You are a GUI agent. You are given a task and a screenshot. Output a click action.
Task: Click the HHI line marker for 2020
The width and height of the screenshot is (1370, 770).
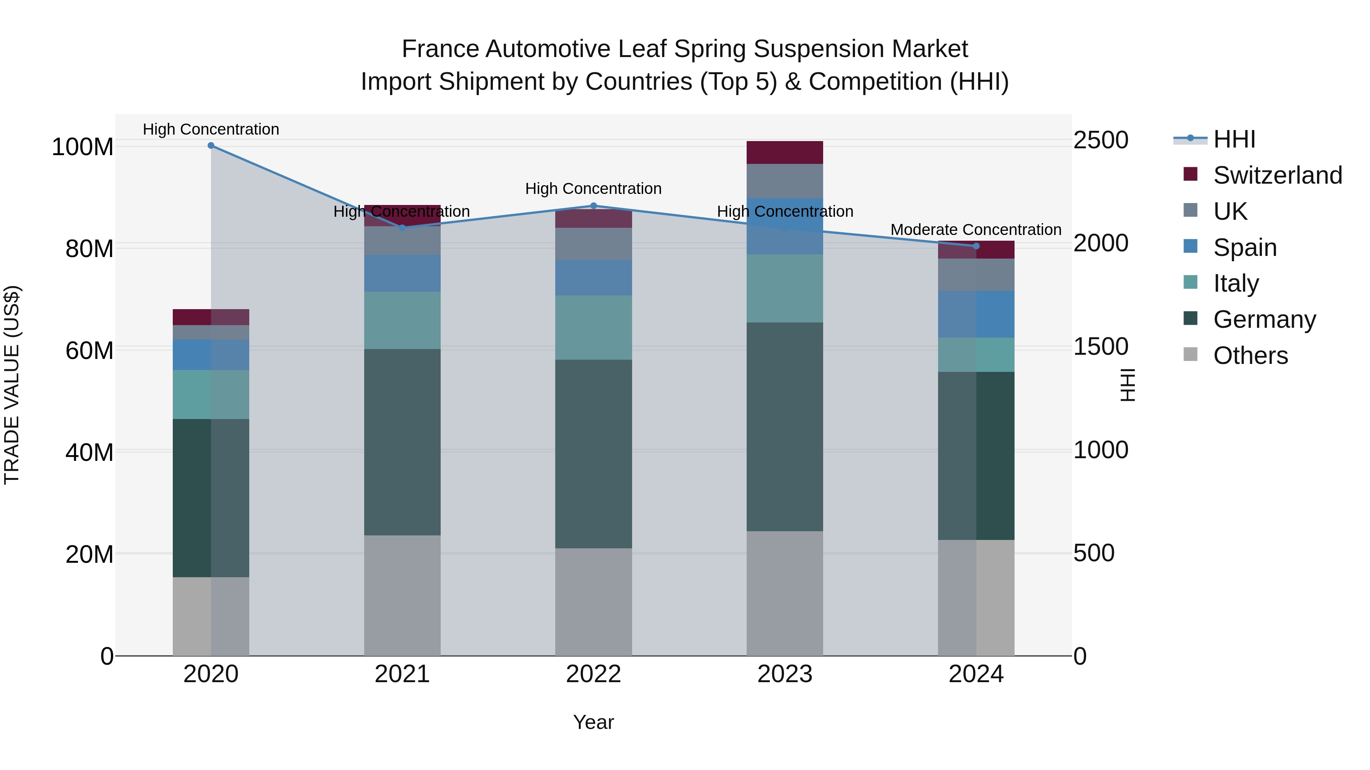pos(211,145)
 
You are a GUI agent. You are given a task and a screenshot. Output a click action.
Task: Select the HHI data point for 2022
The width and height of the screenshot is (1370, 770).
pos(594,206)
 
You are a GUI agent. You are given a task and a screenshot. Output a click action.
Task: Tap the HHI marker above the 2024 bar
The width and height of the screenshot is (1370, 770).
pos(976,246)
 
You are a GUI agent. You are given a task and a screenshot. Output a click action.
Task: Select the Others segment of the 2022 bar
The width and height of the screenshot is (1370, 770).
pos(594,602)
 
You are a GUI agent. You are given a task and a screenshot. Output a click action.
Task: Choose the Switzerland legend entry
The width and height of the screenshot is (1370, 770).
pos(1277,175)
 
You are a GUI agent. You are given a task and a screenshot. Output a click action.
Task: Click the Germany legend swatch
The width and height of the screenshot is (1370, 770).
pos(1190,319)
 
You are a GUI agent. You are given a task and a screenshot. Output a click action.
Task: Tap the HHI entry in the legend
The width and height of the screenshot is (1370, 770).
pos(1234,139)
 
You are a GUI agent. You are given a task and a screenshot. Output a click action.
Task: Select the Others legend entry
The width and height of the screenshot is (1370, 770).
pos(1250,356)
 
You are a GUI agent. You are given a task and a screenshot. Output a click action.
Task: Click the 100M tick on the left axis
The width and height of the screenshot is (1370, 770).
pos(83,147)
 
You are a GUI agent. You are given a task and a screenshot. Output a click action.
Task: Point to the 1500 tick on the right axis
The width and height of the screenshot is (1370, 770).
pos(1100,346)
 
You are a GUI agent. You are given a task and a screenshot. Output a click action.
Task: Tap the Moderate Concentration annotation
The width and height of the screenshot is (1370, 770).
pos(975,230)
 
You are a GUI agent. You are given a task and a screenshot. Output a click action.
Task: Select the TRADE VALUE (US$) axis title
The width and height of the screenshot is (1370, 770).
pos(12,385)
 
